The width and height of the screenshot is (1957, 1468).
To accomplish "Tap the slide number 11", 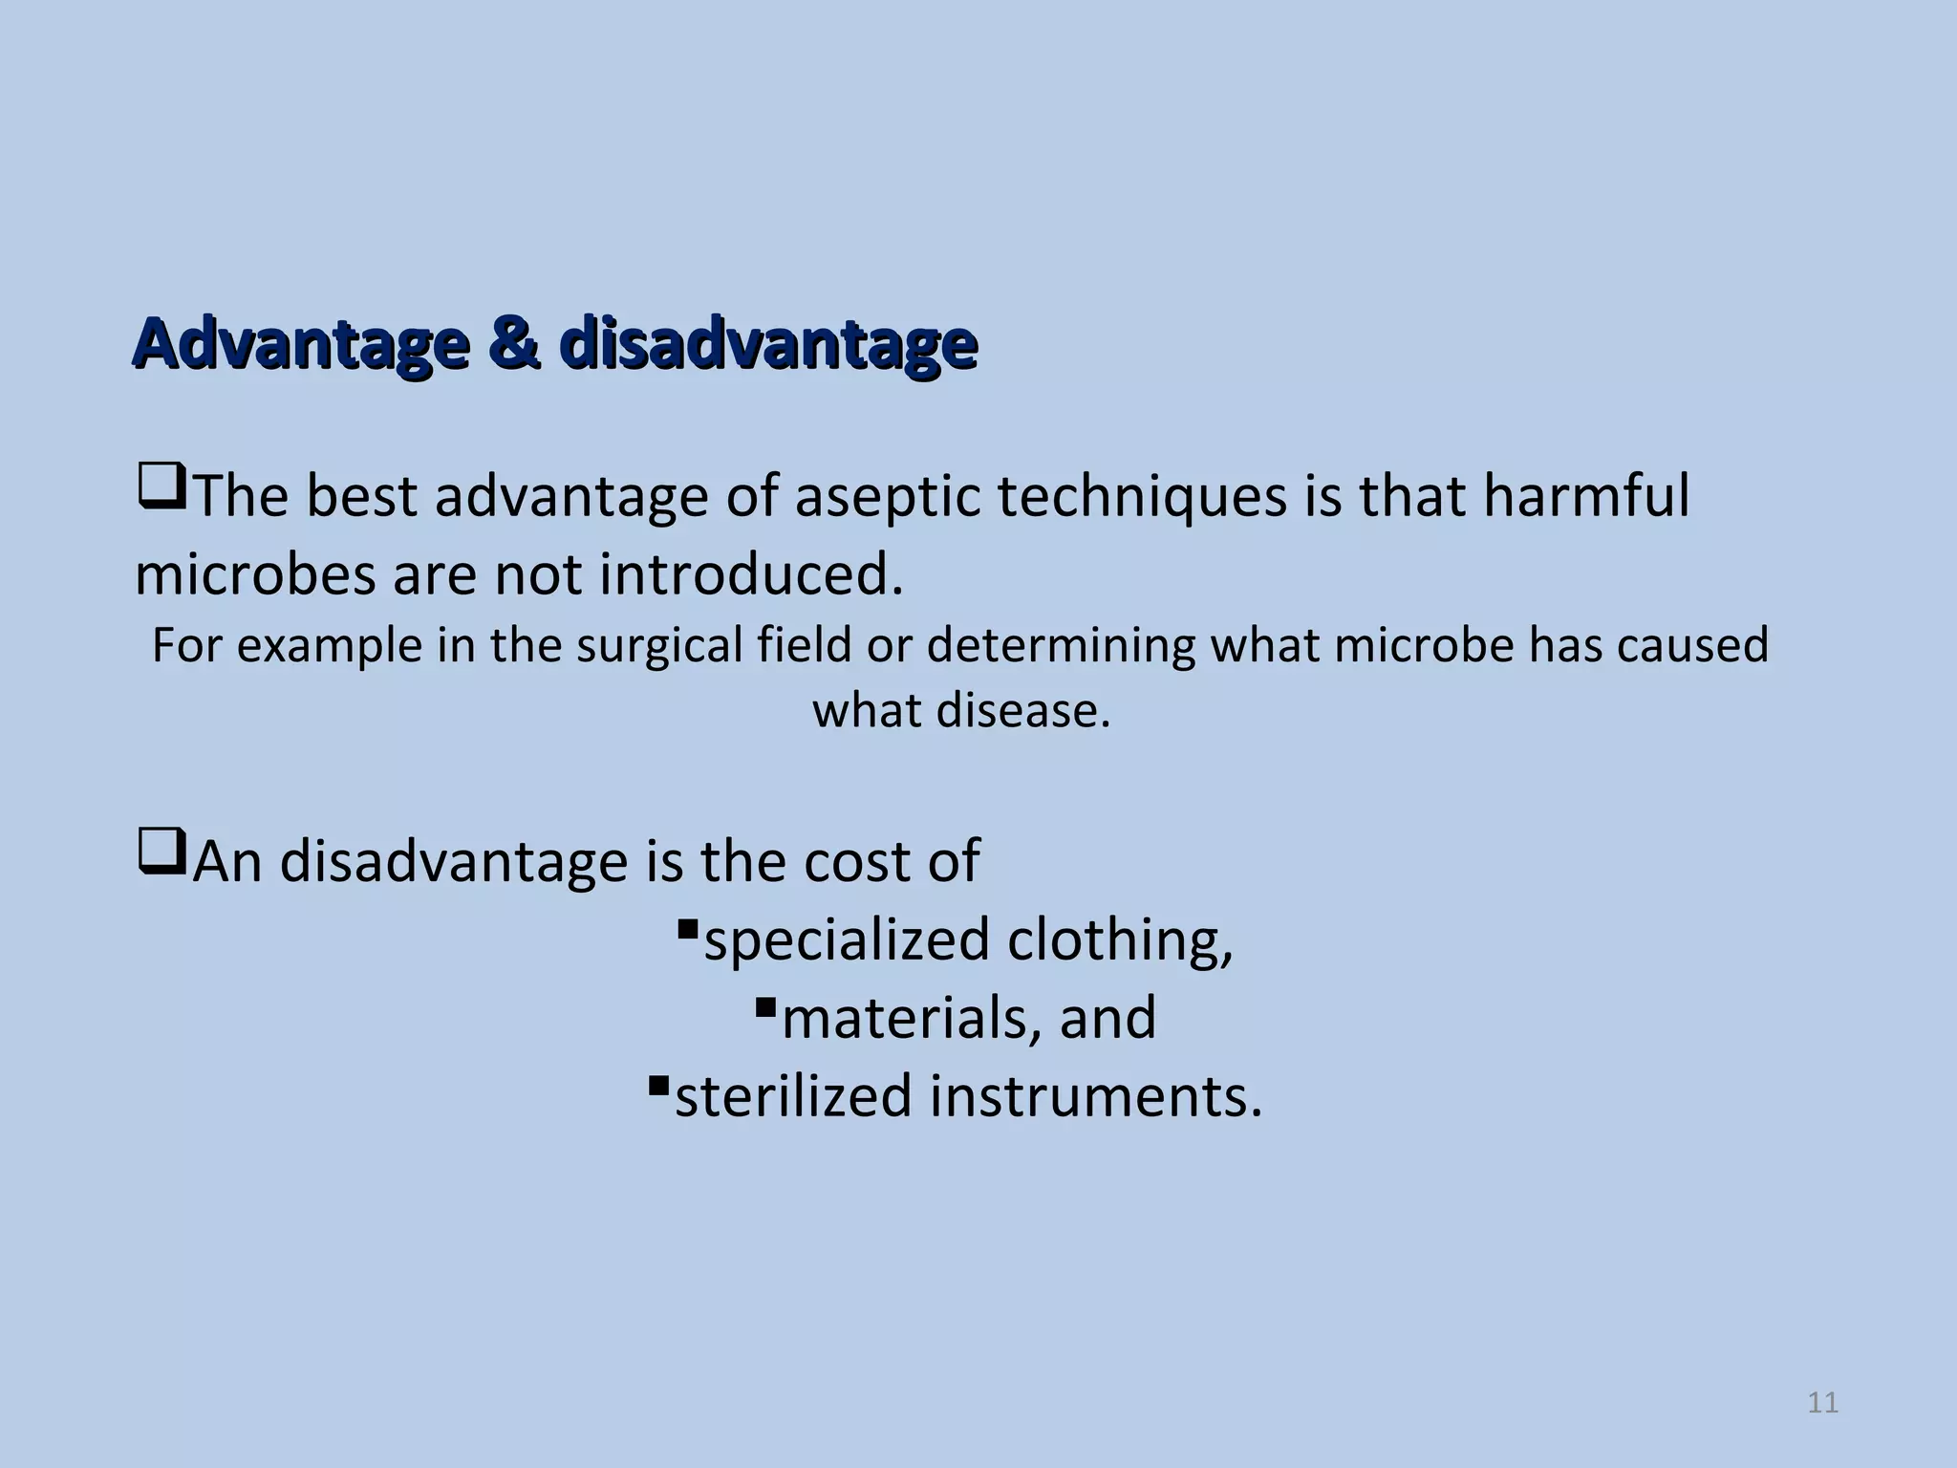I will tap(1822, 1403).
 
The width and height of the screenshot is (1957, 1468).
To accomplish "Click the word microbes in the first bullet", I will tap(255, 575).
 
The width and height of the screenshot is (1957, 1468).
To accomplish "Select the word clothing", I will tap(1120, 940).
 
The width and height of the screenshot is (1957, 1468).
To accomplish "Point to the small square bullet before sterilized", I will tap(656, 1084).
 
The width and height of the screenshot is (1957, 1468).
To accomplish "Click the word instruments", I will tap(1096, 1096).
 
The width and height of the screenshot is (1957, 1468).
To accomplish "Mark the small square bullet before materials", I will tap(763, 1006).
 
